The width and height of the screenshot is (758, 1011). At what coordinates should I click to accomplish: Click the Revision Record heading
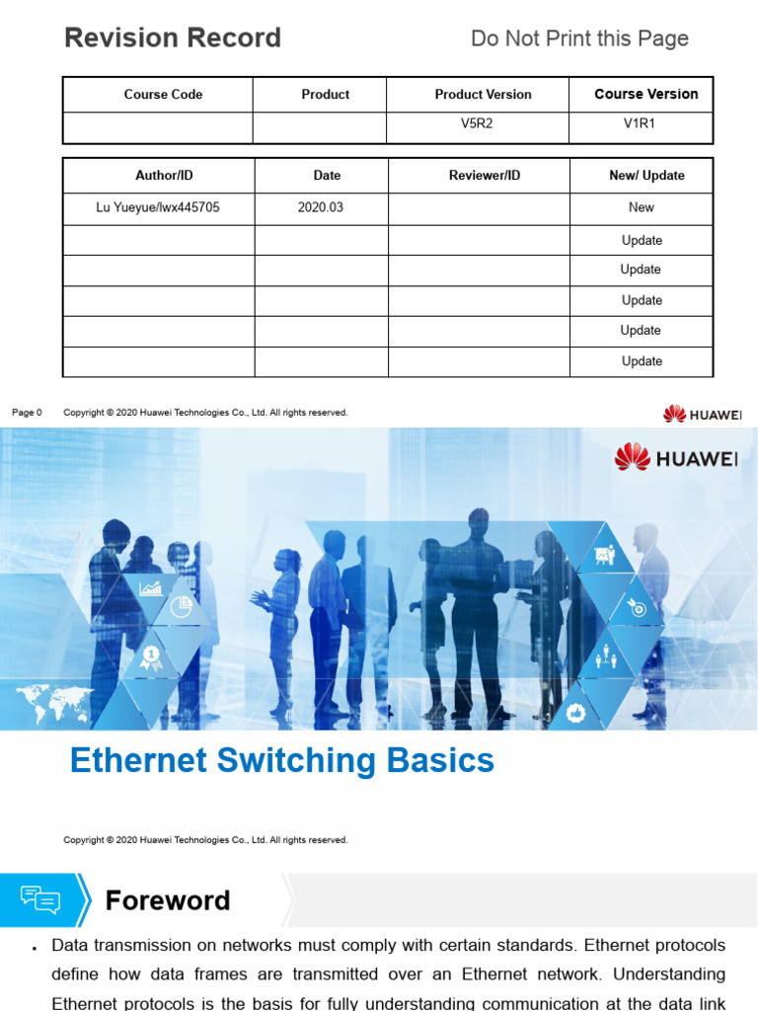point(173,39)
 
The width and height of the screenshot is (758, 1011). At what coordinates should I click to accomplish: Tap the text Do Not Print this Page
point(579,39)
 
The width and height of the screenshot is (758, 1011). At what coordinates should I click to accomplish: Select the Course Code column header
point(163,95)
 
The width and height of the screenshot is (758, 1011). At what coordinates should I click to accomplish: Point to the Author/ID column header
point(164,176)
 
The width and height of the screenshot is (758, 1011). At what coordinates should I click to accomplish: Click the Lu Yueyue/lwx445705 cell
point(158,207)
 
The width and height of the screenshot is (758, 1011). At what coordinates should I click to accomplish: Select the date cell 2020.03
point(321,207)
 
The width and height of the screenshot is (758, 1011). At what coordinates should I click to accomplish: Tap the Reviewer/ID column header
point(485,176)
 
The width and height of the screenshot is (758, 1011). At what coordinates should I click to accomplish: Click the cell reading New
point(642,207)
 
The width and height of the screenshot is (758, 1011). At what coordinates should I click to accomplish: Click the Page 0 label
point(27,413)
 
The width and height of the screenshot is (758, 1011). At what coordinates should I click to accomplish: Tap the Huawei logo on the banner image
point(676,457)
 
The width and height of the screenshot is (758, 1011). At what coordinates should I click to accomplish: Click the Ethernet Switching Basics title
point(282,761)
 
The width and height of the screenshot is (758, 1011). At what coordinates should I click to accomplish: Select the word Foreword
point(168,900)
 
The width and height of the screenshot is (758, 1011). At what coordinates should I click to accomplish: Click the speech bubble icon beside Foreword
point(40,900)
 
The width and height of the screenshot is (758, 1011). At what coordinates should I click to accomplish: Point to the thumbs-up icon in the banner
point(576,711)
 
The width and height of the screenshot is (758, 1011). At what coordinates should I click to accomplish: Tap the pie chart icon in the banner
point(181,607)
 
